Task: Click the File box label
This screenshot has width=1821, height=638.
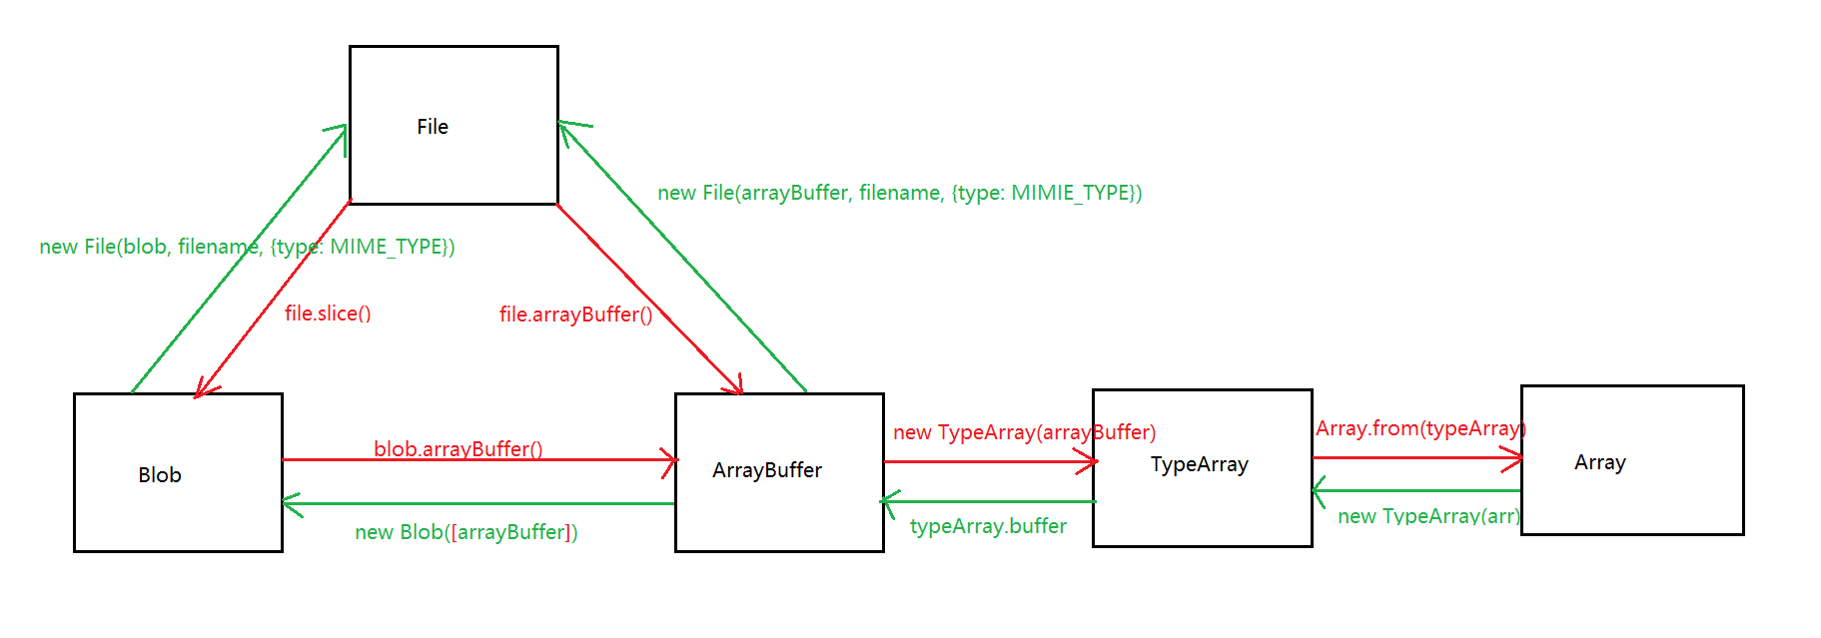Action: click(433, 127)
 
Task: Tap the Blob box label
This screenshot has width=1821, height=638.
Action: click(160, 475)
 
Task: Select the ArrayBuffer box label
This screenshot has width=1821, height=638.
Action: click(767, 470)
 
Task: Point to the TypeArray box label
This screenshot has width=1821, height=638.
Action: click(1199, 464)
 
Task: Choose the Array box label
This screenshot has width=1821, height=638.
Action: click(1599, 462)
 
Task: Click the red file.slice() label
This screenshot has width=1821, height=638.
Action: click(328, 314)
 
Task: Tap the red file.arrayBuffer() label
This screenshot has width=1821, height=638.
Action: click(575, 315)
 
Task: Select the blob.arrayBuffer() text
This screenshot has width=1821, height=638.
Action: click(458, 448)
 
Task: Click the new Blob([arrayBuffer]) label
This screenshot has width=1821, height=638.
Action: click(466, 532)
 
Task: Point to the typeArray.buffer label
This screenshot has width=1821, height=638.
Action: click(988, 526)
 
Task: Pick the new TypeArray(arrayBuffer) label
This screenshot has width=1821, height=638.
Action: click(1024, 432)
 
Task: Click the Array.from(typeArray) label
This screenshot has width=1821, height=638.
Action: click(1420, 428)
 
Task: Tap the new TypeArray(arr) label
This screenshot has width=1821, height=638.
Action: click(1428, 515)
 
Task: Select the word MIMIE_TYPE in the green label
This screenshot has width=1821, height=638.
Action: click(1072, 193)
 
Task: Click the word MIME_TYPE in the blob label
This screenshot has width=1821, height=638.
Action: click(388, 247)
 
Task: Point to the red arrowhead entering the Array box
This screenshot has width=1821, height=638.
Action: click(1515, 458)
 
